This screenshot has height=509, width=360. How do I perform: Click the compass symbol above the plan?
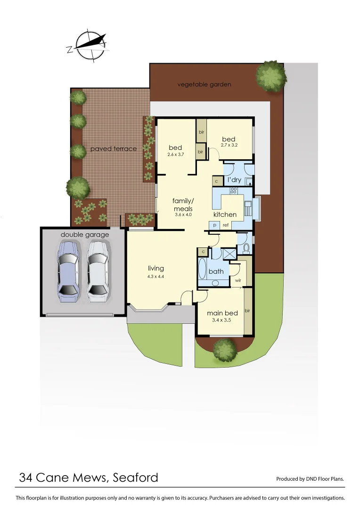click(90, 45)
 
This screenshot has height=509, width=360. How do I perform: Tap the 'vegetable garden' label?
click(204, 85)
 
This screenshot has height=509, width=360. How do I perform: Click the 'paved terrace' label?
click(114, 149)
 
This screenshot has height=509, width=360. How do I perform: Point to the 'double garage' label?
click(85, 235)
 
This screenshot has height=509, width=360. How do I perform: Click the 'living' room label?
click(155, 269)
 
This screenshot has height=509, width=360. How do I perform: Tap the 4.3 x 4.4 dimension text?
click(155, 277)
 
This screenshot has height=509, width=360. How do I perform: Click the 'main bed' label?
click(222, 313)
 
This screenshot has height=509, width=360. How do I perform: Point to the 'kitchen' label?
click(225, 215)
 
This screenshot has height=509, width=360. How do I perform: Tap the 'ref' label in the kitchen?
click(226, 226)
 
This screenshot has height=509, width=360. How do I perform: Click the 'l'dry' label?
click(234, 181)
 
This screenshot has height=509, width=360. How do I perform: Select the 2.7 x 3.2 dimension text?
click(229, 145)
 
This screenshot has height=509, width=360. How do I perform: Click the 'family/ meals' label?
click(183, 205)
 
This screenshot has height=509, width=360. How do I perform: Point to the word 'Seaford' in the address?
click(136, 478)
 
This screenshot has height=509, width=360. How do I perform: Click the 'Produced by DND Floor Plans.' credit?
click(310, 479)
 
